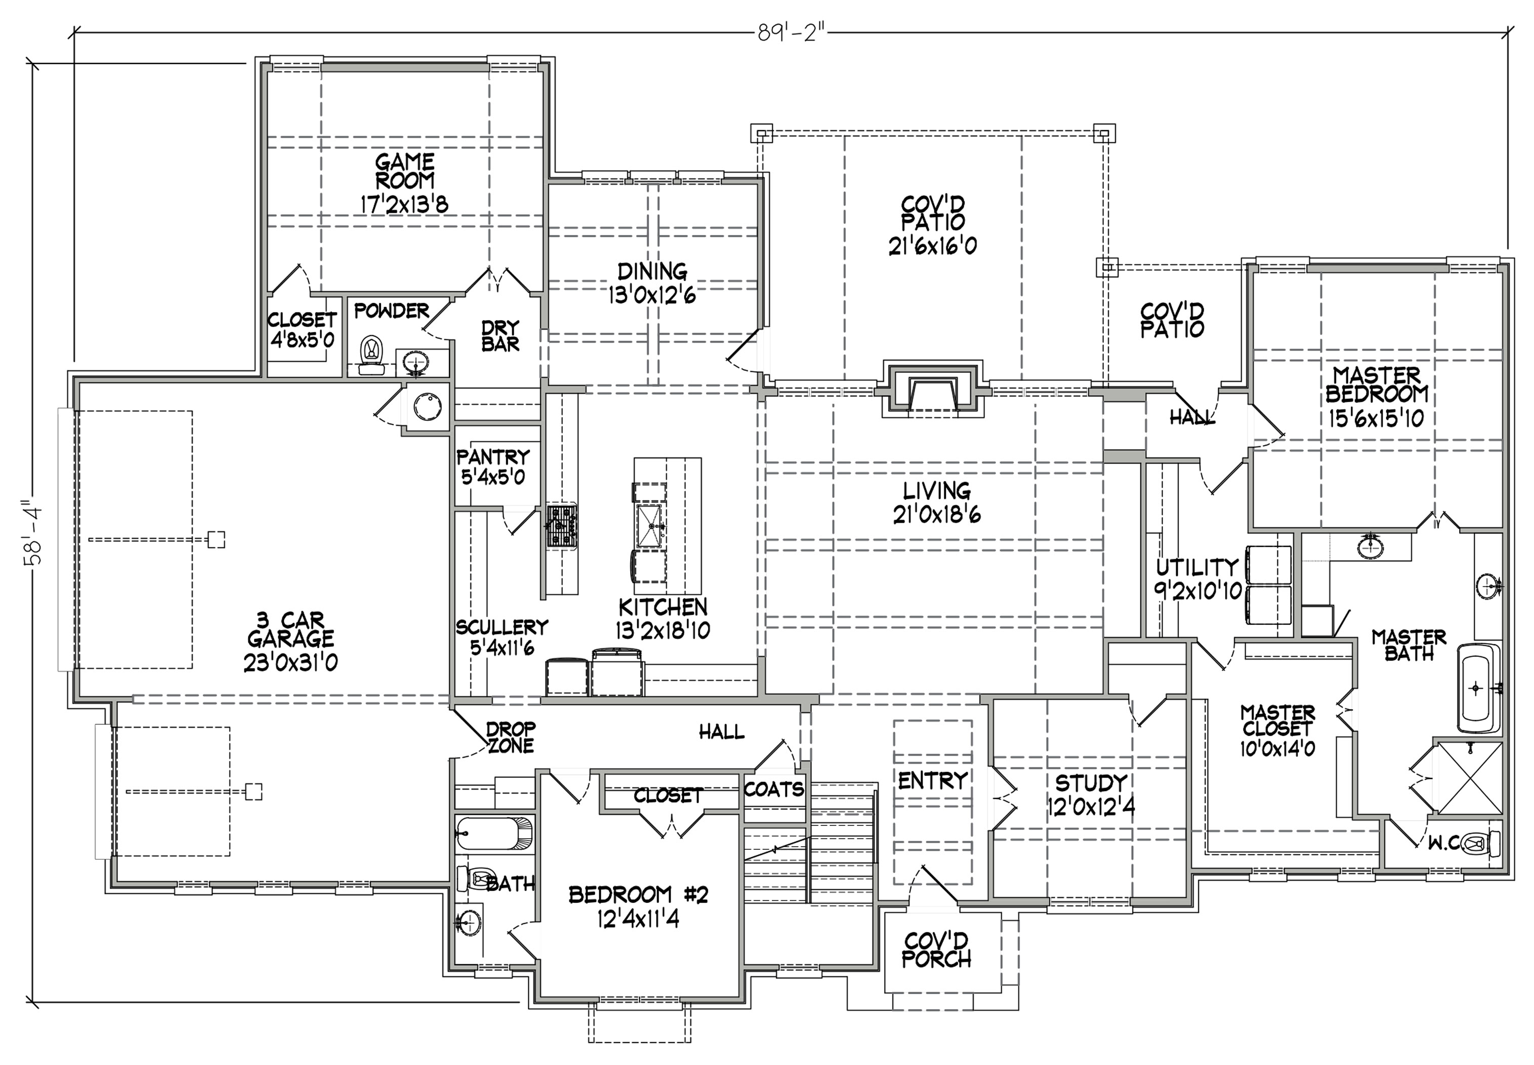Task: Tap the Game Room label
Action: tap(404, 171)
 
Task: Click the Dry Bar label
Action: tap(500, 336)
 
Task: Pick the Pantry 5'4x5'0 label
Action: tap(493, 466)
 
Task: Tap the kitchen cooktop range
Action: tap(562, 526)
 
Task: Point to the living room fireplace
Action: tap(933, 393)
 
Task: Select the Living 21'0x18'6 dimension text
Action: tap(936, 515)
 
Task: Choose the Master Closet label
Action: tap(1277, 721)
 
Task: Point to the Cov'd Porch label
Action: tap(936, 950)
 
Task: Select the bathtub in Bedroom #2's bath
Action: tap(495, 834)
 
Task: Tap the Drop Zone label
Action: tap(511, 737)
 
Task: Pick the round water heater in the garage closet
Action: tap(428, 406)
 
